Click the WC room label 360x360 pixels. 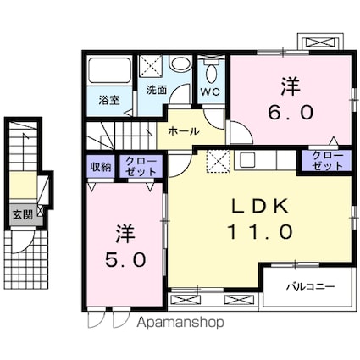point(210,91)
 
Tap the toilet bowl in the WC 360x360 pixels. point(211,73)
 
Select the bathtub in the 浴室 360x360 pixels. point(109,71)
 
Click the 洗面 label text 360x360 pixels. point(157,90)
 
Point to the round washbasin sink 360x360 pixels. point(180,64)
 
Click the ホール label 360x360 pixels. point(184,131)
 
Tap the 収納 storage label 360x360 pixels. point(100,167)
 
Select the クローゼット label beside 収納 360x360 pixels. point(141,167)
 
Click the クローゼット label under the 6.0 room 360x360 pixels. point(328,160)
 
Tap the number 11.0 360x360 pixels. point(260,232)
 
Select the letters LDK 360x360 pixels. point(260,206)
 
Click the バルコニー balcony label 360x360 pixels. point(311,287)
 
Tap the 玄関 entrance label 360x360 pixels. point(23,215)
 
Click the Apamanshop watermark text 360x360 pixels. point(180,322)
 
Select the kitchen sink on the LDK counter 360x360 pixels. point(247,160)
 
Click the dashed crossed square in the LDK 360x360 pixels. point(219,161)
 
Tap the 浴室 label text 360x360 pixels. point(109,100)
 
